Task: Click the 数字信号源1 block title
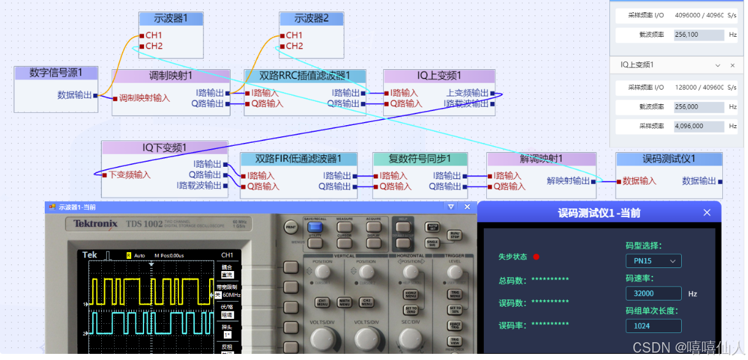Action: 56,73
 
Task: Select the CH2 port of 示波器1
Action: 153,46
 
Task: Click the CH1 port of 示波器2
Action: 294,35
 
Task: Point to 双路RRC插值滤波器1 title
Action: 305,76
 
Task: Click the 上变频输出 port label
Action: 468,93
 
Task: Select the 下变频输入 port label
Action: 130,175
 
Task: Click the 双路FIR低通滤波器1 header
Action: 298,159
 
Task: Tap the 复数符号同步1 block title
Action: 420,159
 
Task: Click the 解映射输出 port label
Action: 568,181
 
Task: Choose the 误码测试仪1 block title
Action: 669,159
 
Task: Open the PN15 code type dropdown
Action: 654,261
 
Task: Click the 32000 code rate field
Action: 654,294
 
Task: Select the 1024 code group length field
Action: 654,326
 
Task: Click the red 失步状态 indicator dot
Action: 536,257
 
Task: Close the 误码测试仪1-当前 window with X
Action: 707,213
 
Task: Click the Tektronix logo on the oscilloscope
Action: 96,224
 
